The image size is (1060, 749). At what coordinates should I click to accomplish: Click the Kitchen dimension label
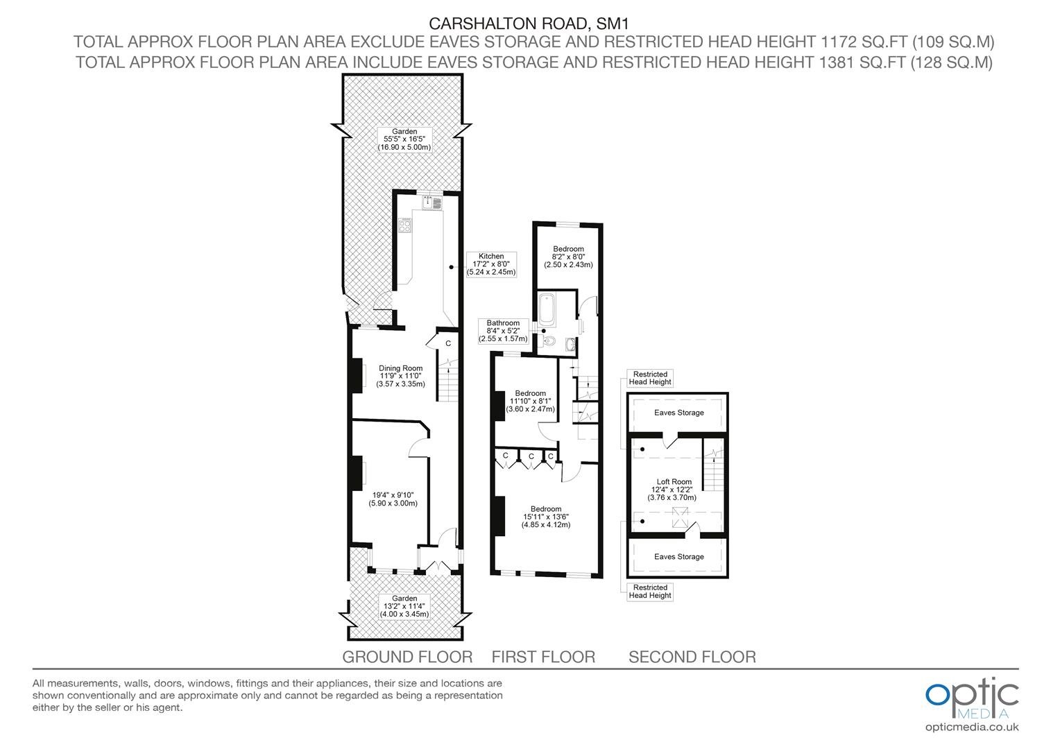491,264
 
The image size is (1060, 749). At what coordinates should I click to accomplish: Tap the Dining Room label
400,376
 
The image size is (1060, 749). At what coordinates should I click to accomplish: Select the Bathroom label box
503,331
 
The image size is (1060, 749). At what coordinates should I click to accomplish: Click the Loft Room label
674,490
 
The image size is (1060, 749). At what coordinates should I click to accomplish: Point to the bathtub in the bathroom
547,311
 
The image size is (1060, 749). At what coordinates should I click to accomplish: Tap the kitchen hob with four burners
404,225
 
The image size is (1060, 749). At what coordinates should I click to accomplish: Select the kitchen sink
432,202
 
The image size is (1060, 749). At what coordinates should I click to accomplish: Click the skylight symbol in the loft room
681,517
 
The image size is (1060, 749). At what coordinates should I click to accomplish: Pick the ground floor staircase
447,380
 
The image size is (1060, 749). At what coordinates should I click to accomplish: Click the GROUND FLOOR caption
407,657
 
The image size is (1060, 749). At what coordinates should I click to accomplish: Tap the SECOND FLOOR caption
692,657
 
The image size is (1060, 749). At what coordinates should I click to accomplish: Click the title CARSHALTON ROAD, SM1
529,23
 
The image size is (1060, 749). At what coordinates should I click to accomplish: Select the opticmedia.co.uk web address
972,728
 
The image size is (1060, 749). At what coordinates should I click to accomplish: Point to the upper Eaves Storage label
678,413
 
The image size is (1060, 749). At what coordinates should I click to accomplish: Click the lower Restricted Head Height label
650,592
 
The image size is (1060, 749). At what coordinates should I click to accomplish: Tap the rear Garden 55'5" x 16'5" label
404,139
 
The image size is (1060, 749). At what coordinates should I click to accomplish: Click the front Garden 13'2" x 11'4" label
404,606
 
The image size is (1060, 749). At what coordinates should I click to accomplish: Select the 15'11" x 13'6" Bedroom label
546,517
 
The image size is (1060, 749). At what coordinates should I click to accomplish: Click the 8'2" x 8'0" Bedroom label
568,257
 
